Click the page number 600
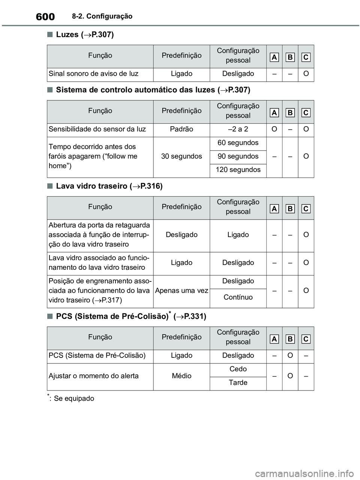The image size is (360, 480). [x=45, y=17]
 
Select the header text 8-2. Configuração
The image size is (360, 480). [x=102, y=16]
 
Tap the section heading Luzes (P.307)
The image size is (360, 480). [x=85, y=34]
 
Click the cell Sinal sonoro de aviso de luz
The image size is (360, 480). [x=94, y=74]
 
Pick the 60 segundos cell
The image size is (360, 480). [x=238, y=143]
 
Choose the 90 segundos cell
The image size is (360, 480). [x=238, y=156]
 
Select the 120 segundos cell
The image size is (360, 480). [x=238, y=170]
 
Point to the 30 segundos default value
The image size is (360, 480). [x=181, y=156]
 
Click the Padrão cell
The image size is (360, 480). [x=181, y=129]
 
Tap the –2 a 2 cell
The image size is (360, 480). [x=238, y=129]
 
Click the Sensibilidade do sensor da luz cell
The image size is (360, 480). [x=97, y=129]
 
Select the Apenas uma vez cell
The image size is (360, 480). [x=181, y=290]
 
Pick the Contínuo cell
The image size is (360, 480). [x=238, y=297]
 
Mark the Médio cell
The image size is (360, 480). [x=181, y=376]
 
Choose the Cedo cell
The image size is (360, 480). [x=238, y=369]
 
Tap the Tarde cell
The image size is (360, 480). [x=238, y=383]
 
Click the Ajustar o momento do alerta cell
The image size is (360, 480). [x=94, y=376]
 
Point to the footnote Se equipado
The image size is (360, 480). [x=74, y=398]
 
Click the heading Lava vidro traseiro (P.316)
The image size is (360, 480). [x=109, y=186]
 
